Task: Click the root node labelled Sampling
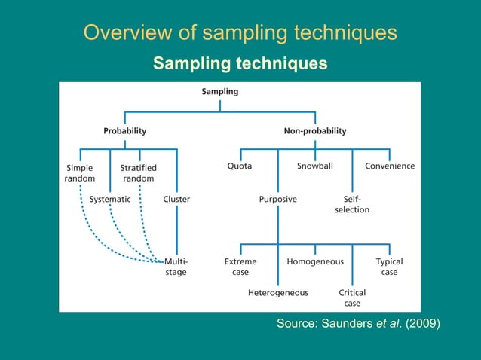pyautogui.click(x=220, y=92)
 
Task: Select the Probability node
pyautogui.click(x=125, y=130)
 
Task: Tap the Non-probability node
pyautogui.click(x=315, y=130)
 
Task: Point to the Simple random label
pyautogui.click(x=80, y=172)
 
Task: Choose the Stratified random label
pyautogui.click(x=139, y=172)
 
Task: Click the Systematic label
pyautogui.click(x=110, y=200)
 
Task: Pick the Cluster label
pyautogui.click(x=176, y=200)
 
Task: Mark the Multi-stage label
pyautogui.click(x=176, y=267)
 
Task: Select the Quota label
pyautogui.click(x=240, y=166)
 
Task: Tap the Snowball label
pyautogui.click(x=315, y=166)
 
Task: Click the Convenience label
pyautogui.click(x=390, y=166)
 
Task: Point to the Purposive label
pyautogui.click(x=278, y=200)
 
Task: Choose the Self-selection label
pyautogui.click(x=352, y=204)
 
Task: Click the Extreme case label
pyautogui.click(x=240, y=267)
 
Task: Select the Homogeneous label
pyautogui.click(x=315, y=261)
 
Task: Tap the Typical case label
pyautogui.click(x=389, y=267)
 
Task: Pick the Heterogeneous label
pyautogui.click(x=278, y=292)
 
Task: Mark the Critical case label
pyautogui.click(x=352, y=297)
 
